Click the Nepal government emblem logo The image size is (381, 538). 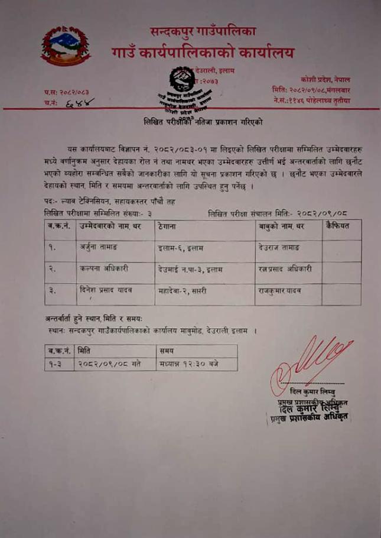(x=66, y=46)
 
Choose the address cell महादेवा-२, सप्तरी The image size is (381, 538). (x=188, y=291)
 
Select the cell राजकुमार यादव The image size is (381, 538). (x=281, y=291)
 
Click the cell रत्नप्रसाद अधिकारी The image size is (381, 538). (x=286, y=269)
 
